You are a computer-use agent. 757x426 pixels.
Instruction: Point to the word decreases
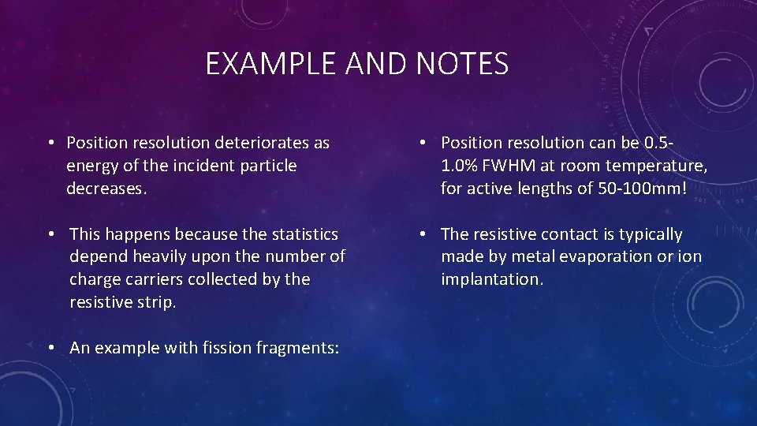point(102,189)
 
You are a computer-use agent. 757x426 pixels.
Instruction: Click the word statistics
point(304,234)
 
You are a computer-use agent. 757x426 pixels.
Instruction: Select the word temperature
point(659,166)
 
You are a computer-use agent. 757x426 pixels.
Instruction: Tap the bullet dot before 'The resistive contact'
point(423,234)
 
